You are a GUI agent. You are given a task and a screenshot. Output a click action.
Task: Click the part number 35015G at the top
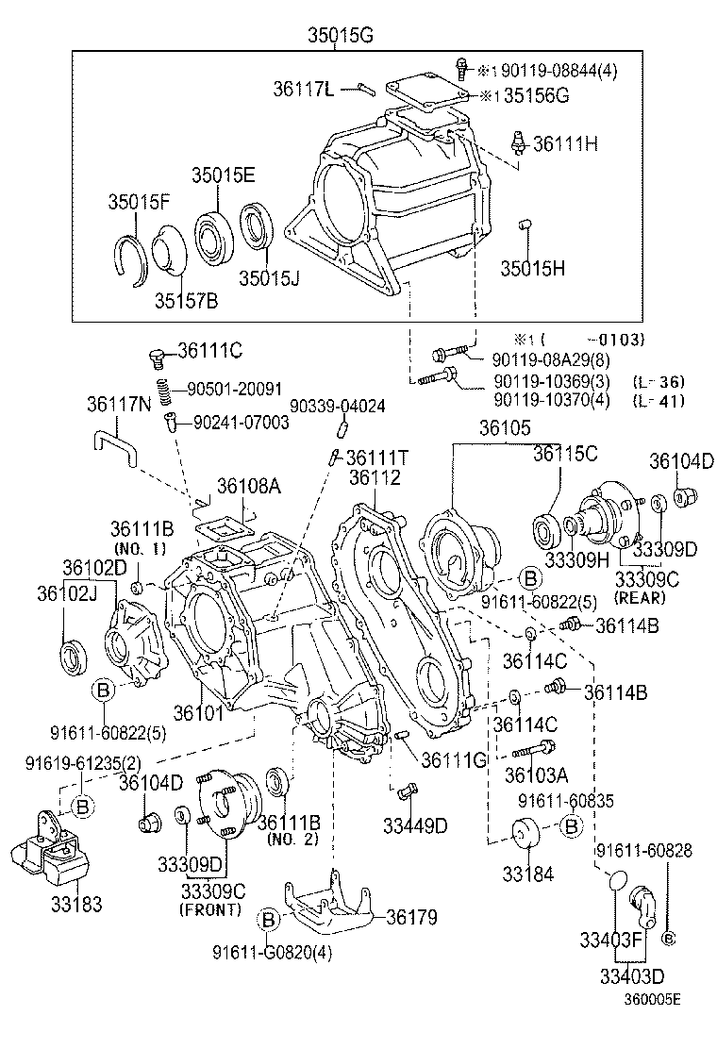[341, 36]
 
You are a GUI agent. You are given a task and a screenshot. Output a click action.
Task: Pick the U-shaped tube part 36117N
[113, 444]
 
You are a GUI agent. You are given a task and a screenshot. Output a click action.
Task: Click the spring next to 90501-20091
[163, 388]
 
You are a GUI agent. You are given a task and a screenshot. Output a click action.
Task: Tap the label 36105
[505, 428]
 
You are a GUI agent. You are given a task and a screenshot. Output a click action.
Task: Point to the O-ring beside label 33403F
[615, 879]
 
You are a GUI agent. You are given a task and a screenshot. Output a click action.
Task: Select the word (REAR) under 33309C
[641, 597]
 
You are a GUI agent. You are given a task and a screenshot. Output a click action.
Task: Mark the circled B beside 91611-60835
[570, 826]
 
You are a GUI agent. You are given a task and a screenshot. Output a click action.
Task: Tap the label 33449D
[414, 826]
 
